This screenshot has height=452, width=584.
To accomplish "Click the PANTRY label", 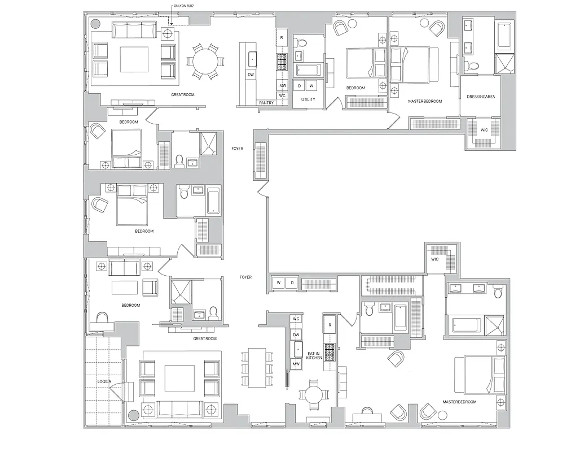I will pos(266,103).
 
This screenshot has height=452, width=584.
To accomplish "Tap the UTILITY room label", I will pos(308,99).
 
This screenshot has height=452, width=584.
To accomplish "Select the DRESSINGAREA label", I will pos(481,97).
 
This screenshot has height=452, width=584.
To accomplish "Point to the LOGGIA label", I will pos(104,382).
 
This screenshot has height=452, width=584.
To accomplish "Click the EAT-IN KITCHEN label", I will pos(314,355).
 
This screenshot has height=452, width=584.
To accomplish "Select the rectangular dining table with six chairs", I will pos(257,367).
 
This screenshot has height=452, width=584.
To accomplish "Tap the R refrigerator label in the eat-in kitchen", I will pos(330,325).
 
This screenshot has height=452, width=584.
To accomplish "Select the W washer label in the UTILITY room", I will pos(310,85).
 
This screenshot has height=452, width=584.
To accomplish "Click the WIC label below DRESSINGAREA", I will pos(484,130).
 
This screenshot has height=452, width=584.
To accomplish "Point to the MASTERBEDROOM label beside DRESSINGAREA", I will pos(425,101).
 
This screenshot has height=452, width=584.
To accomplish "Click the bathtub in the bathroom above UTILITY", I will pos(309,70).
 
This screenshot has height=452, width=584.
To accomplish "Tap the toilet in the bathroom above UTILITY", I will pos(301,42).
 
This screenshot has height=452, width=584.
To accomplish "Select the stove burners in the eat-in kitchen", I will pos(330,349).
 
